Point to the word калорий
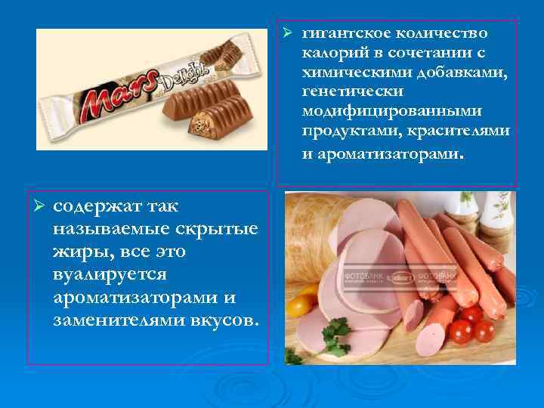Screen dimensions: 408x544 pos(332,54)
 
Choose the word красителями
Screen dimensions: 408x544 pos(464,131)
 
